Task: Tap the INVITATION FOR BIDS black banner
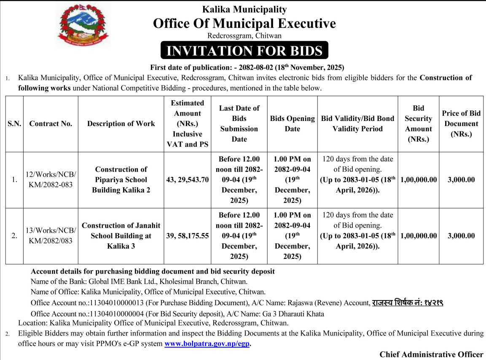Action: (244, 51)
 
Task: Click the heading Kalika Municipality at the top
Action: (244, 9)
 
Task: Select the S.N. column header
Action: (14, 124)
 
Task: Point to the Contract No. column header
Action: (51, 124)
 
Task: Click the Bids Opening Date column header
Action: (292, 124)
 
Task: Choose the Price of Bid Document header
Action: (461, 124)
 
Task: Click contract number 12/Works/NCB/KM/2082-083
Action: (51, 180)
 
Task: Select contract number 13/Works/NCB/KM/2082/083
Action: (51, 236)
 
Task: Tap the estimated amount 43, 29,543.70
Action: (187, 180)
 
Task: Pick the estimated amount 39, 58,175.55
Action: (187, 236)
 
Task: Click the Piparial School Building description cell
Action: (121, 180)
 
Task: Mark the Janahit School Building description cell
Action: (121, 236)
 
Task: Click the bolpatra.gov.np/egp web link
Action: (207, 344)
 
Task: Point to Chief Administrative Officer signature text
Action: (431, 354)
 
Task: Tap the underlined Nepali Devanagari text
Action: (407, 303)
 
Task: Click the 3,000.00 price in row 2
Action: (461, 236)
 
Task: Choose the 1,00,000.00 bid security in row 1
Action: (419, 180)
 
